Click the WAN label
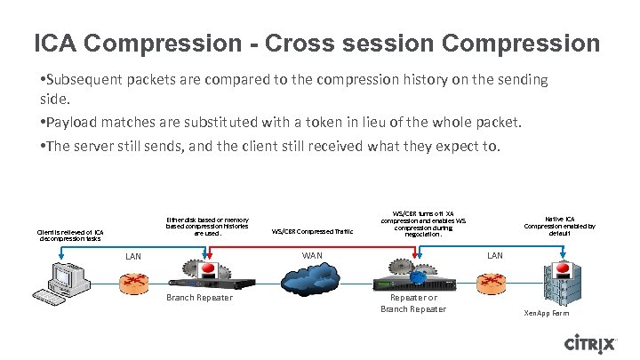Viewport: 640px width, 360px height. pyautogui.click(x=312, y=256)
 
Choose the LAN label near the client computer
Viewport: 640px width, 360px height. pyautogui.click(x=133, y=257)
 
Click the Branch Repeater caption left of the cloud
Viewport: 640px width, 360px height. pyautogui.click(x=199, y=298)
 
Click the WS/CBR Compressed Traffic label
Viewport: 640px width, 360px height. pyautogui.click(x=312, y=231)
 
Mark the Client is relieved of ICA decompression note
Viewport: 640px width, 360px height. pyautogui.click(x=70, y=235)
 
